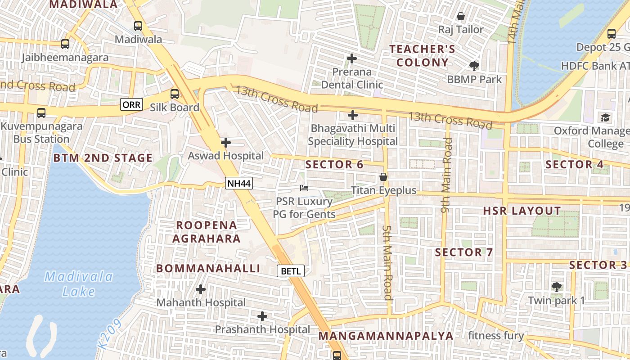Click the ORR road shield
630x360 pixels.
(x=132, y=105)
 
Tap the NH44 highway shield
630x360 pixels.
(x=239, y=183)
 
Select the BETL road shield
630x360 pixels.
(x=291, y=271)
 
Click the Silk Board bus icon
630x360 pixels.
(x=174, y=94)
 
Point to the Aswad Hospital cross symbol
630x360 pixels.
(x=226, y=143)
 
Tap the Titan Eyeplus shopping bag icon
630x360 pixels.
(x=383, y=177)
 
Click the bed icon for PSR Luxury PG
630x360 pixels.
(x=305, y=188)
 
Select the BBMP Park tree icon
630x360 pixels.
(x=474, y=66)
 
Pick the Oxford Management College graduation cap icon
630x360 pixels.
(x=606, y=117)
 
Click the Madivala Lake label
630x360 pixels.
(x=79, y=283)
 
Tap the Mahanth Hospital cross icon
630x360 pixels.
(x=201, y=289)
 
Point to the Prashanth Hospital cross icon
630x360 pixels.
(x=262, y=316)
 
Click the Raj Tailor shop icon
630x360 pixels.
(x=461, y=17)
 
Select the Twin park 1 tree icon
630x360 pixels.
(x=557, y=287)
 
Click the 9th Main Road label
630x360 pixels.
(x=446, y=175)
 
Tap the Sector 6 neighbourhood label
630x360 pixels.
(x=334, y=165)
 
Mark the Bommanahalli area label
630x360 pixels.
(x=208, y=269)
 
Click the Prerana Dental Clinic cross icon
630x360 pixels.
(x=352, y=58)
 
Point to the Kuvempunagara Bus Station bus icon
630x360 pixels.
(x=41, y=112)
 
